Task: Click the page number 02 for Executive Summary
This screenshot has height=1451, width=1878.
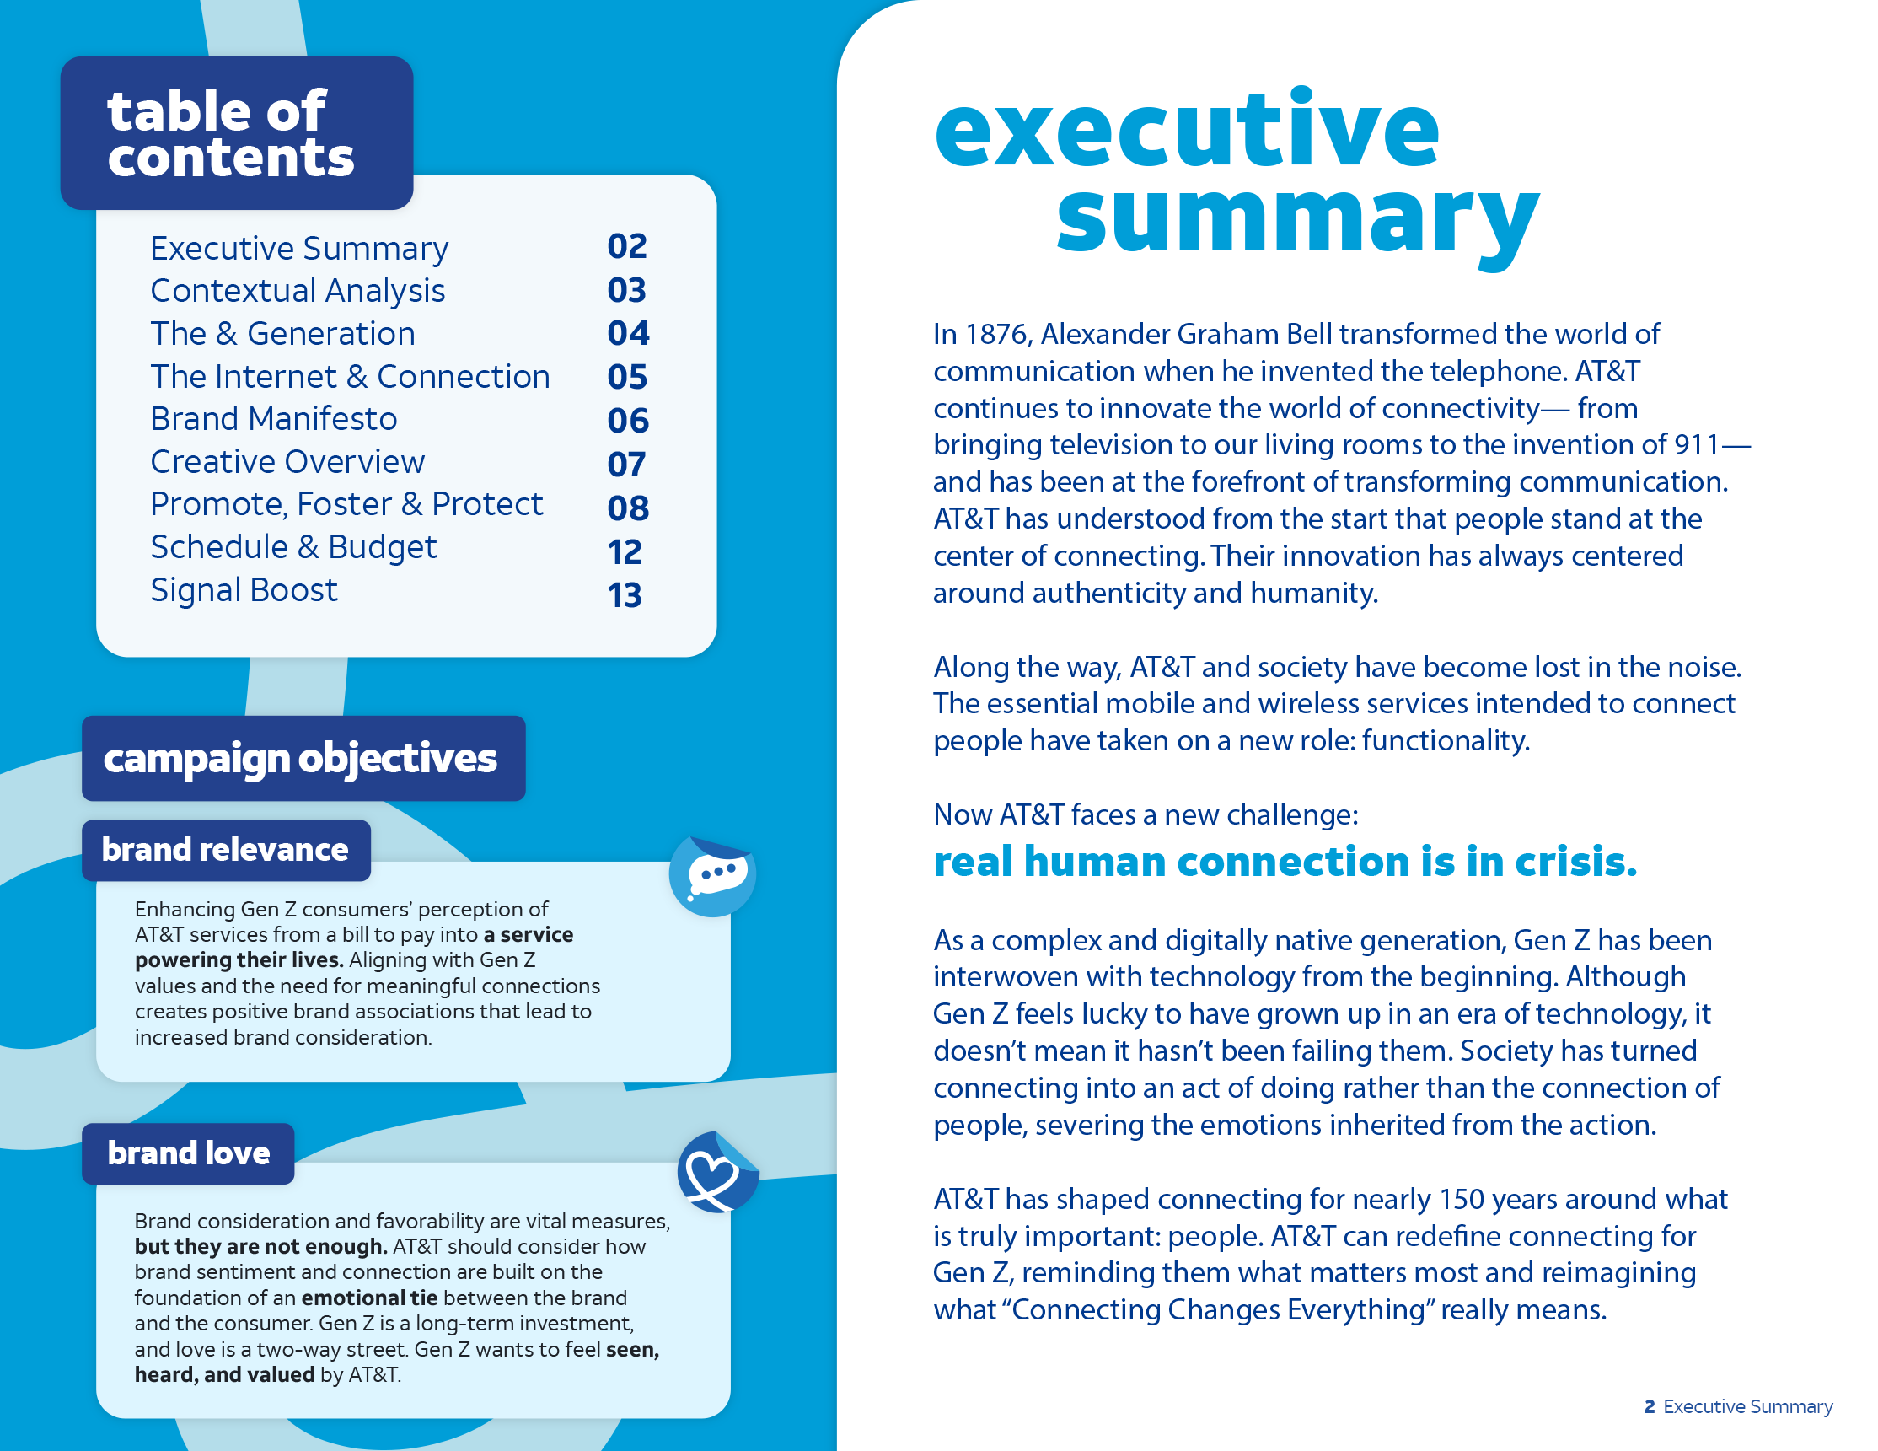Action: pos(627,247)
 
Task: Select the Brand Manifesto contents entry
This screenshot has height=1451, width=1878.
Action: pos(273,419)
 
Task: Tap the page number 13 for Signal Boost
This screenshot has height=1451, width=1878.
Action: pos(625,595)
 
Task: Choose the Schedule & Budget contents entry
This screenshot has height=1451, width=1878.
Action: pos(293,547)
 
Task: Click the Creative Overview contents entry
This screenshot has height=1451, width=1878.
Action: pos(287,462)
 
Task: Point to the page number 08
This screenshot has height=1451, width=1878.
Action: pos(628,508)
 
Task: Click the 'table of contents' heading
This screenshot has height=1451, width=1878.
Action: pos(229,133)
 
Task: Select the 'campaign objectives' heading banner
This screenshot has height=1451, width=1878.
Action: pos(301,759)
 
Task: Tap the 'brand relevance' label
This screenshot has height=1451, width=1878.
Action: pos(225,850)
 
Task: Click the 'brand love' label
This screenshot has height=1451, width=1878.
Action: pos(188,1153)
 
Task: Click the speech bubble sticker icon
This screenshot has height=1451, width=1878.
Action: pos(713,876)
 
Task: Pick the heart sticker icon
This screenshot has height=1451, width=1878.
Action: pos(716,1172)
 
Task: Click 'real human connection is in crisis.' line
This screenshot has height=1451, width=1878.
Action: pos(1285,862)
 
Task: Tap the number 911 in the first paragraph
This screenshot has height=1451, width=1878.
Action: pos(1696,444)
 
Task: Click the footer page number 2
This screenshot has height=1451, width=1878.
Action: pos(1650,1406)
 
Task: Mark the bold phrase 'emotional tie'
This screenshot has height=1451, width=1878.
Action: pos(370,1297)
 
